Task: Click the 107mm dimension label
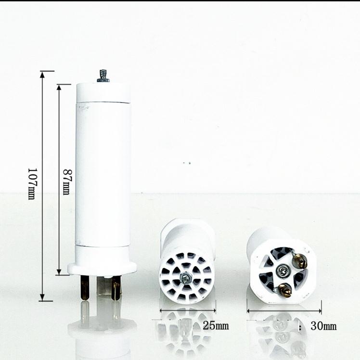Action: (x=32, y=184)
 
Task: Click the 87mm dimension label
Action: (x=67, y=182)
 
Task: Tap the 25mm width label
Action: (x=216, y=326)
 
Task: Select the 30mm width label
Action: (x=323, y=326)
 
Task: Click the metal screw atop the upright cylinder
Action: (x=103, y=76)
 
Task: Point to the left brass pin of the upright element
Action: (x=85, y=287)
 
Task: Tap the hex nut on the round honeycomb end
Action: (x=185, y=278)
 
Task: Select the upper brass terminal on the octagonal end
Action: (x=299, y=261)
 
